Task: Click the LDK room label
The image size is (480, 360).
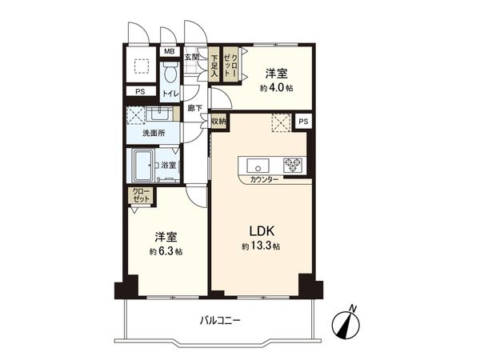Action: click(x=261, y=231)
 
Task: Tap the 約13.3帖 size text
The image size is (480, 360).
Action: click(x=261, y=247)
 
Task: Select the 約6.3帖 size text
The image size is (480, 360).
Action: click(x=166, y=252)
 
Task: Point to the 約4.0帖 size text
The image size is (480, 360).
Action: click(x=277, y=87)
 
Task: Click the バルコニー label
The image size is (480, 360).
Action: click(x=222, y=321)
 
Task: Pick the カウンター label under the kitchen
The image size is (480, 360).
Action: click(x=265, y=179)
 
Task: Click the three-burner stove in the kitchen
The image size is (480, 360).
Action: click(x=295, y=166)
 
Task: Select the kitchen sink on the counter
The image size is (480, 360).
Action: click(x=258, y=166)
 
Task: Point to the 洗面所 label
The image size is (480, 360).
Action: click(x=154, y=133)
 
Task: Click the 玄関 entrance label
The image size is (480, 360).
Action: click(x=192, y=57)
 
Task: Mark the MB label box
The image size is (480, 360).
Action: click(x=170, y=53)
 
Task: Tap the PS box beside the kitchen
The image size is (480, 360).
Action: click(x=302, y=121)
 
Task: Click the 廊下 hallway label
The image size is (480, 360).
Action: click(x=194, y=108)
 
